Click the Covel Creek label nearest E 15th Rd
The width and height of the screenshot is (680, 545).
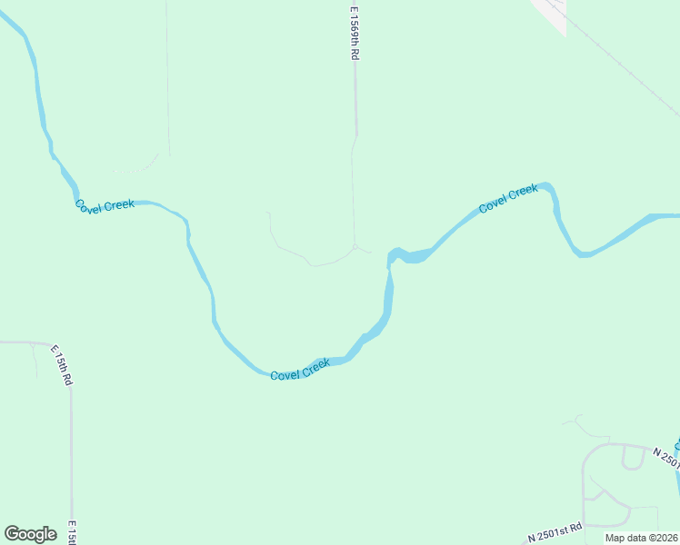tap(105, 205)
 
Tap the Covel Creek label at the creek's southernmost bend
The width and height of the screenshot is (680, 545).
tap(300, 369)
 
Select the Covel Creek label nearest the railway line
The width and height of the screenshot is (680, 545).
tap(508, 199)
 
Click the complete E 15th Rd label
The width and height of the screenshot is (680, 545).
tap(61, 365)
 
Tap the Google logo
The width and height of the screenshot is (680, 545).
tap(30, 534)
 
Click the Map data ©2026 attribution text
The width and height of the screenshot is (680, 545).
tap(641, 538)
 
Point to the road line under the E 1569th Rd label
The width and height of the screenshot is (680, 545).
tap(355, 100)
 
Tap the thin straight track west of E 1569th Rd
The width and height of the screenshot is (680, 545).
tap(167, 82)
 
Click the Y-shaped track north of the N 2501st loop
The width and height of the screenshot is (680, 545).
tap(577, 422)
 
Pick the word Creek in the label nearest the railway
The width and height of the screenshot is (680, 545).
tap(523, 193)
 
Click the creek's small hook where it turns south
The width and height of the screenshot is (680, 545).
tap(394, 254)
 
